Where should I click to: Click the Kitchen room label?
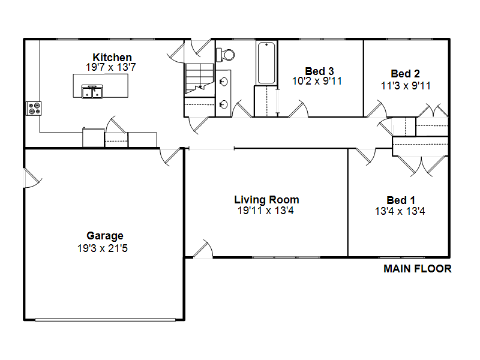tap(112, 57)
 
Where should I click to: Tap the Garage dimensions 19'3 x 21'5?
tap(102, 248)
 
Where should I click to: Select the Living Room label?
tap(266, 200)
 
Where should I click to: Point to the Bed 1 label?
tap(401, 200)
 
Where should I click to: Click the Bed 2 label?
tap(405, 73)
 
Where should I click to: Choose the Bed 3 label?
tap(319, 71)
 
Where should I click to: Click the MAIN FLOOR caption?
tap(417, 268)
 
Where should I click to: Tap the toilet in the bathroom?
tap(225, 55)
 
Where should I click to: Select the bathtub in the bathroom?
tap(266, 63)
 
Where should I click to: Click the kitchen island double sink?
tap(92, 92)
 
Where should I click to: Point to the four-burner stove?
tap(34, 109)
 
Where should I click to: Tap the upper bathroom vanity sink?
tap(223, 82)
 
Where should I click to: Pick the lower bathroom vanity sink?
tap(223, 104)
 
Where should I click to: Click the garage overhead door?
tap(105, 320)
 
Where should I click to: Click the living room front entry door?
tap(203, 249)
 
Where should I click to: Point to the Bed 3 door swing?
tap(298, 109)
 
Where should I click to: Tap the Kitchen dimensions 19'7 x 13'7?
tap(111, 67)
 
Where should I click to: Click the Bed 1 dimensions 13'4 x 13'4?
tap(400, 211)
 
